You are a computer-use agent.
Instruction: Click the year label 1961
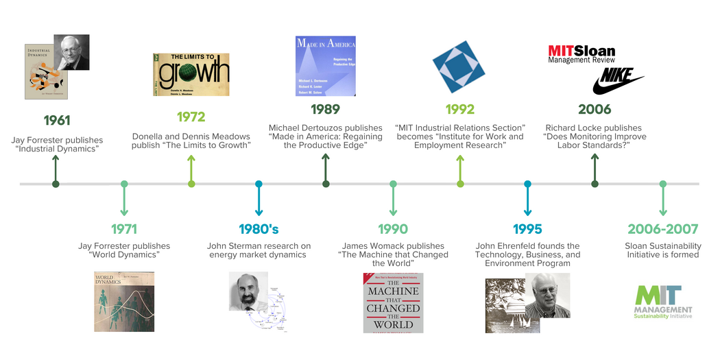(56, 121)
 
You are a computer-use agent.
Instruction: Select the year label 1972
(191, 117)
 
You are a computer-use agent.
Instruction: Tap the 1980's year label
(259, 229)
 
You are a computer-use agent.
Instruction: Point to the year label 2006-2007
(662, 229)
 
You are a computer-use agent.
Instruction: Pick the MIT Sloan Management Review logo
(581, 54)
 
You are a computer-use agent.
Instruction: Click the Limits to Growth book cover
(191, 74)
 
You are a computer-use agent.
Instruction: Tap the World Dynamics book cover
(124, 302)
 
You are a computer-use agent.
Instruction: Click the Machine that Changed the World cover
(393, 302)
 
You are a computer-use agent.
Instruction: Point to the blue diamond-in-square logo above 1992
(460, 67)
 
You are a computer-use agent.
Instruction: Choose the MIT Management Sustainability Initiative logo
(662, 302)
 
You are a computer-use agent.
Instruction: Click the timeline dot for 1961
(56, 184)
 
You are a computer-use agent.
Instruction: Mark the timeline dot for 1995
(527, 184)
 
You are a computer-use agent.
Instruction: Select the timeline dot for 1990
(393, 184)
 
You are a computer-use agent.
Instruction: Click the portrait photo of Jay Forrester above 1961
(71, 52)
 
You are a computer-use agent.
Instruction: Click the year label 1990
(393, 229)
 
